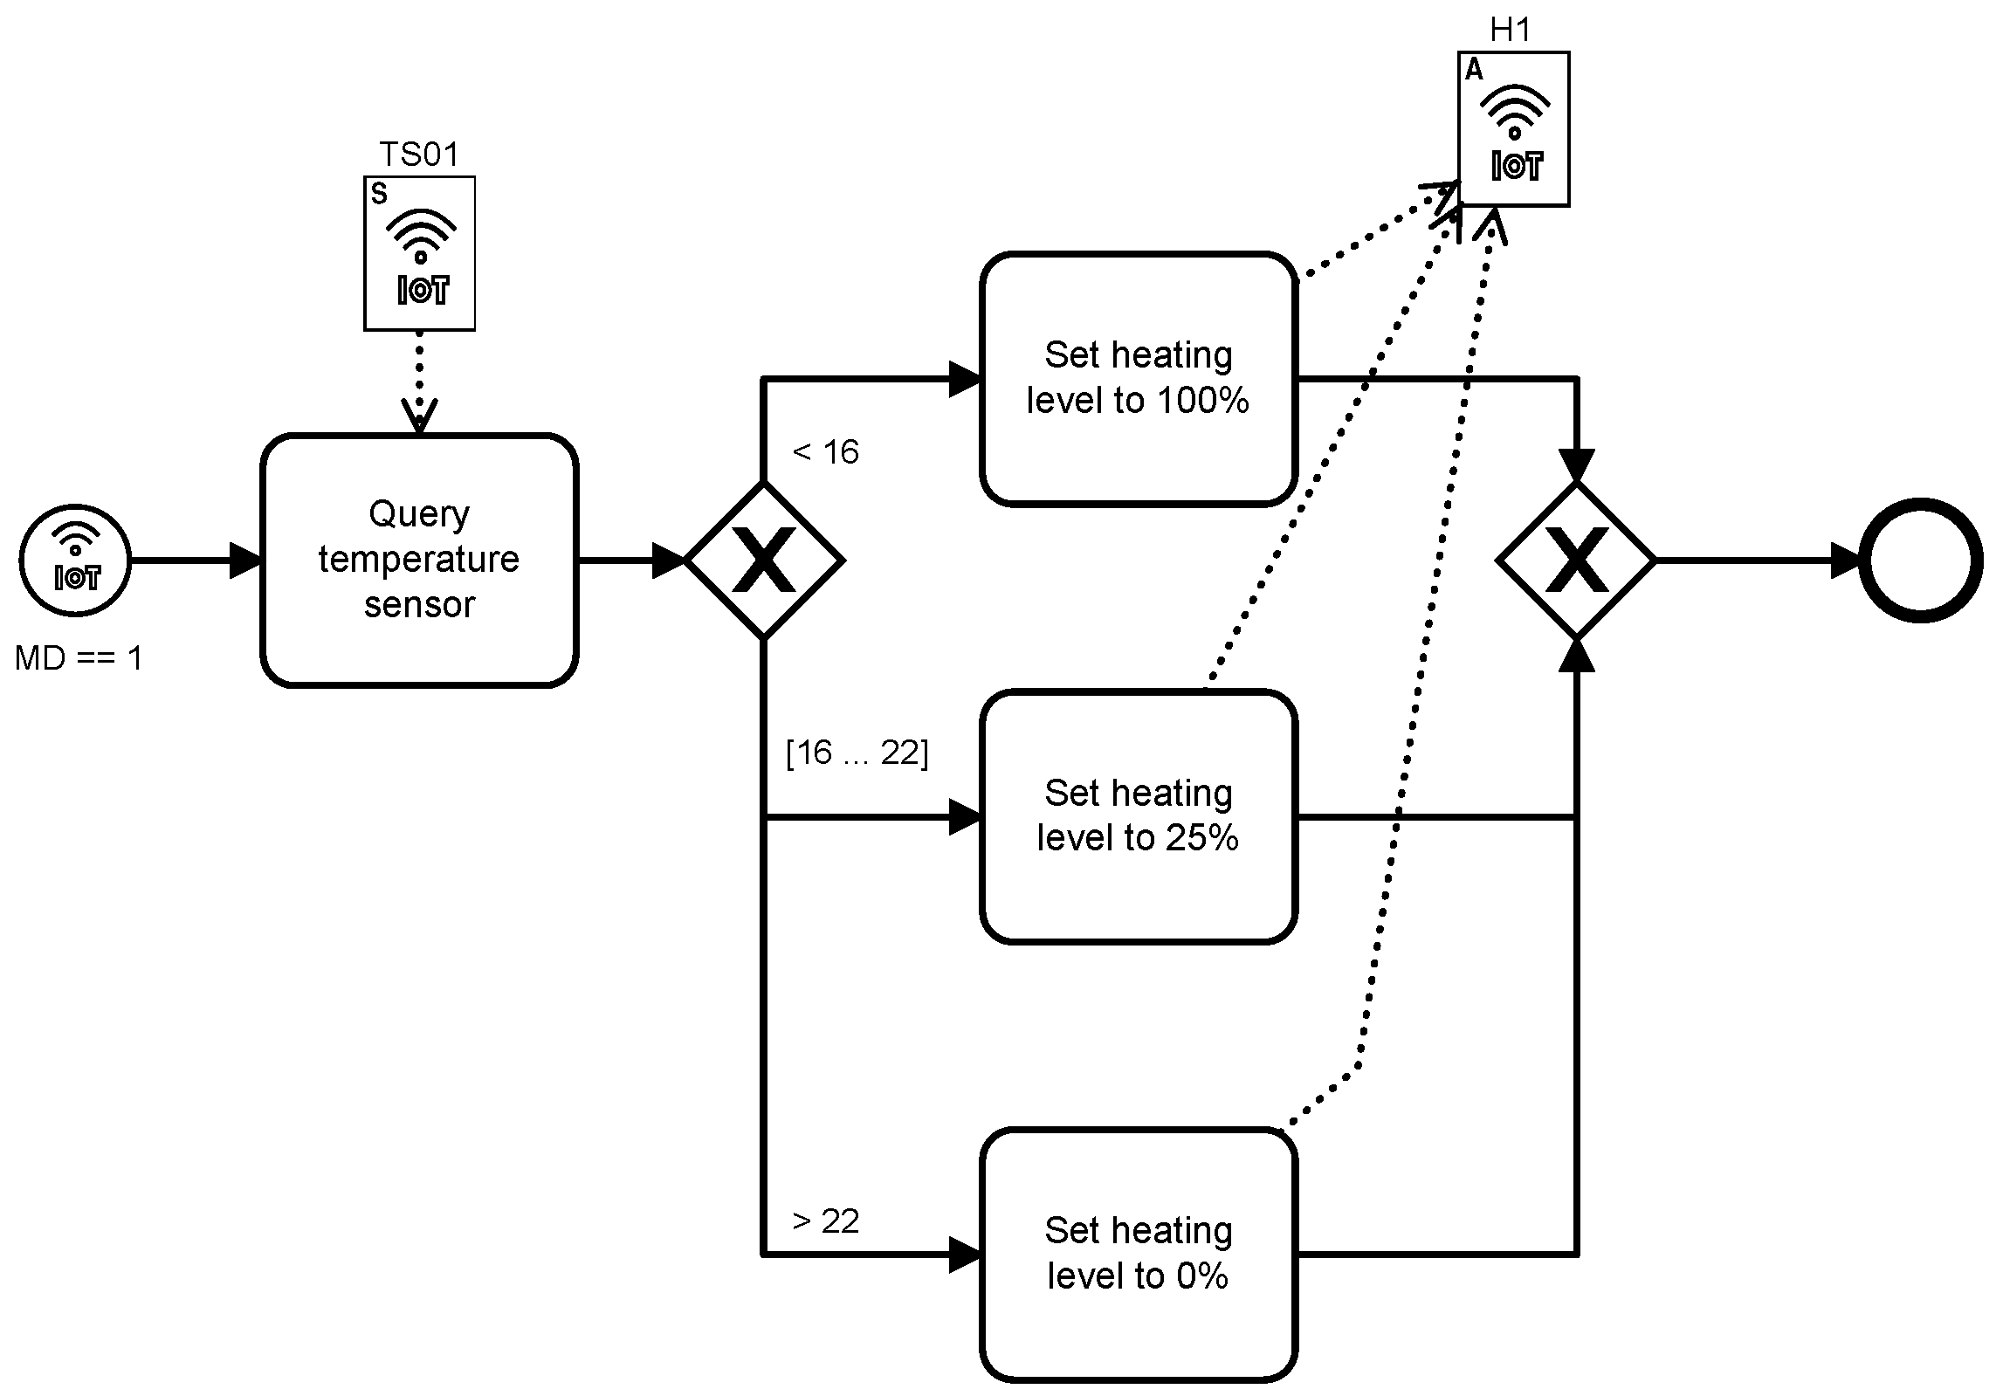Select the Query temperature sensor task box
point(419,560)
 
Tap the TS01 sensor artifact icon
point(419,253)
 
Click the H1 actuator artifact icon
point(1513,128)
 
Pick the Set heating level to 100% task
point(1138,379)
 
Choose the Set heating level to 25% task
point(1138,816)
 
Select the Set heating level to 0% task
point(1138,1255)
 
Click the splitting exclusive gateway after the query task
point(764,560)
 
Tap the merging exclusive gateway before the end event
point(1576,560)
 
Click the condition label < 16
point(825,451)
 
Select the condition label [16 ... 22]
point(857,752)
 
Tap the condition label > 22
point(825,1220)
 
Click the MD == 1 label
point(79,657)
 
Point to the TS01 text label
point(419,155)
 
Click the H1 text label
point(1511,31)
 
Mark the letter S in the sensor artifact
point(379,194)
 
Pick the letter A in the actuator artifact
point(1474,70)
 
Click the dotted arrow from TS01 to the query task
point(420,382)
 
